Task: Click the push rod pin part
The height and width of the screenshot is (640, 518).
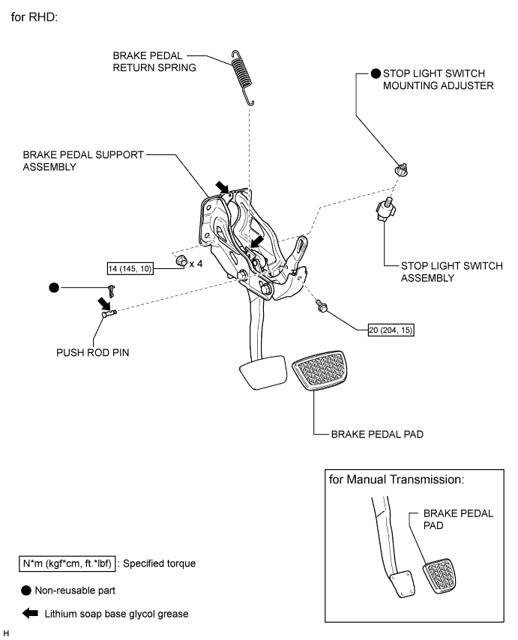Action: coord(108,315)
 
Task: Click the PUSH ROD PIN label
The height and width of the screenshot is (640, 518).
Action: coord(94,351)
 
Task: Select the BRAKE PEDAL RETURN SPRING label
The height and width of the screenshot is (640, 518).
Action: coord(154,61)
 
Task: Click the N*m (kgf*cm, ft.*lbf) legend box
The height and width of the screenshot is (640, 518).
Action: coord(68,563)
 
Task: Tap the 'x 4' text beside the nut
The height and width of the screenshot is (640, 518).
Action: coord(197,264)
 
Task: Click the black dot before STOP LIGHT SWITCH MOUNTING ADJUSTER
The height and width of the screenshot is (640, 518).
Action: coord(377,73)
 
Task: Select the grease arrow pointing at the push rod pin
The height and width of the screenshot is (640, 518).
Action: coord(100,302)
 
